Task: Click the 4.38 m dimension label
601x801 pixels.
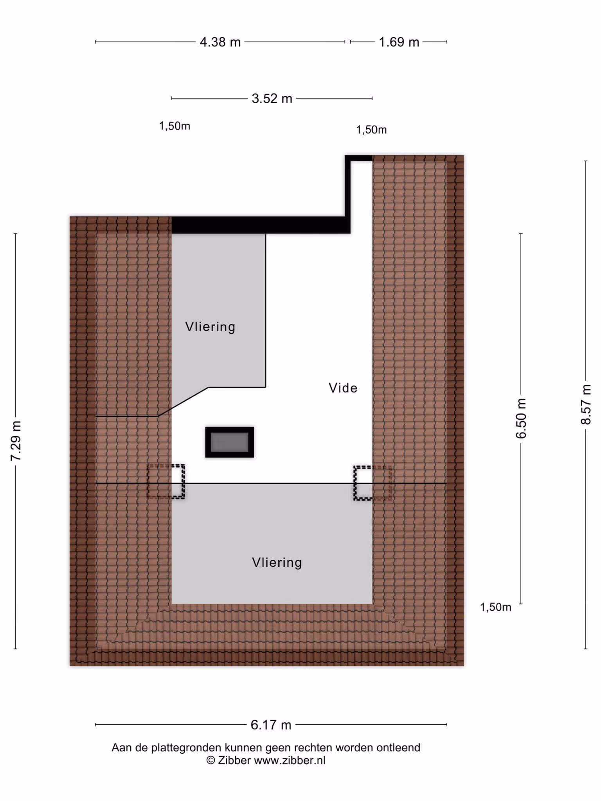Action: (x=220, y=42)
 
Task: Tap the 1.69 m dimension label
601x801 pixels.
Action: (x=399, y=42)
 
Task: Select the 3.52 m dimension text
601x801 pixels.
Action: (x=272, y=98)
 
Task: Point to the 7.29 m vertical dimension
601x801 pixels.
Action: (x=16, y=441)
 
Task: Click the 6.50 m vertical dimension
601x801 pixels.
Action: (x=521, y=418)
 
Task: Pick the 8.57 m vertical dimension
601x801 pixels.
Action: (x=586, y=404)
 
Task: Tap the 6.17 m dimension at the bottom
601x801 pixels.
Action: (x=271, y=725)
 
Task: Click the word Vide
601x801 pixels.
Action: (x=343, y=388)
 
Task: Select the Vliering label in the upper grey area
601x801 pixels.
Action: (x=210, y=327)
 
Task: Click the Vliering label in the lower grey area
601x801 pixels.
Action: (x=277, y=562)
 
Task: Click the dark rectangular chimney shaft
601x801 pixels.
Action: (x=230, y=442)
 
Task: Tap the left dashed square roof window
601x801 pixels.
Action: (x=166, y=481)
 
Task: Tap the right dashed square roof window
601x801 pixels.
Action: (x=373, y=483)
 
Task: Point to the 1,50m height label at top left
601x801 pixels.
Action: (x=175, y=126)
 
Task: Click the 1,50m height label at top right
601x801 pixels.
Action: (x=371, y=129)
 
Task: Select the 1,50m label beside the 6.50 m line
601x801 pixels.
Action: (x=496, y=607)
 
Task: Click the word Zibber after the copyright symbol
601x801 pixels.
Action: (x=234, y=760)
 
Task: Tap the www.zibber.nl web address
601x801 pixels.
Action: (x=290, y=760)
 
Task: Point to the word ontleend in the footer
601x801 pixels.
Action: (x=398, y=747)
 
